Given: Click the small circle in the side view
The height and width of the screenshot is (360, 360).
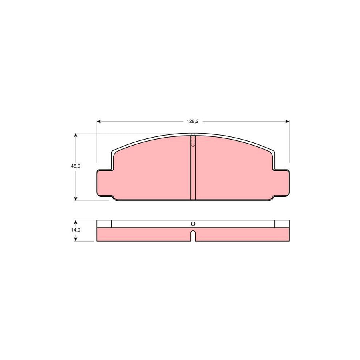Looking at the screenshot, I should click(192, 224).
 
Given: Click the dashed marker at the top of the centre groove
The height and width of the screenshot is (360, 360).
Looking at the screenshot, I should click(192, 142).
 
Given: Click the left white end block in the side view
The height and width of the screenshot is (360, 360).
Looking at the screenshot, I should click(104, 224).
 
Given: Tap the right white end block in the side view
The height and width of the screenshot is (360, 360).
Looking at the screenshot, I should click(281, 224).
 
